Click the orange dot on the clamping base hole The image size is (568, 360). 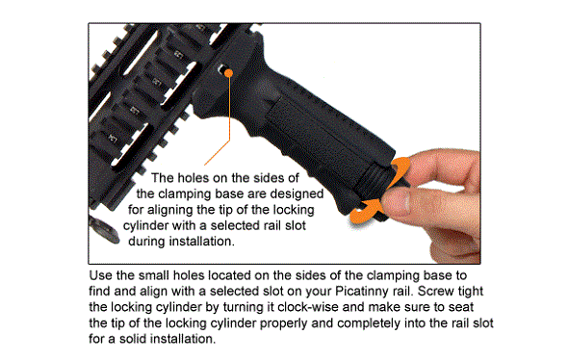(x=228, y=73)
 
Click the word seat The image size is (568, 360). (x=461, y=307)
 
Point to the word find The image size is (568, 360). (x=99, y=292)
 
